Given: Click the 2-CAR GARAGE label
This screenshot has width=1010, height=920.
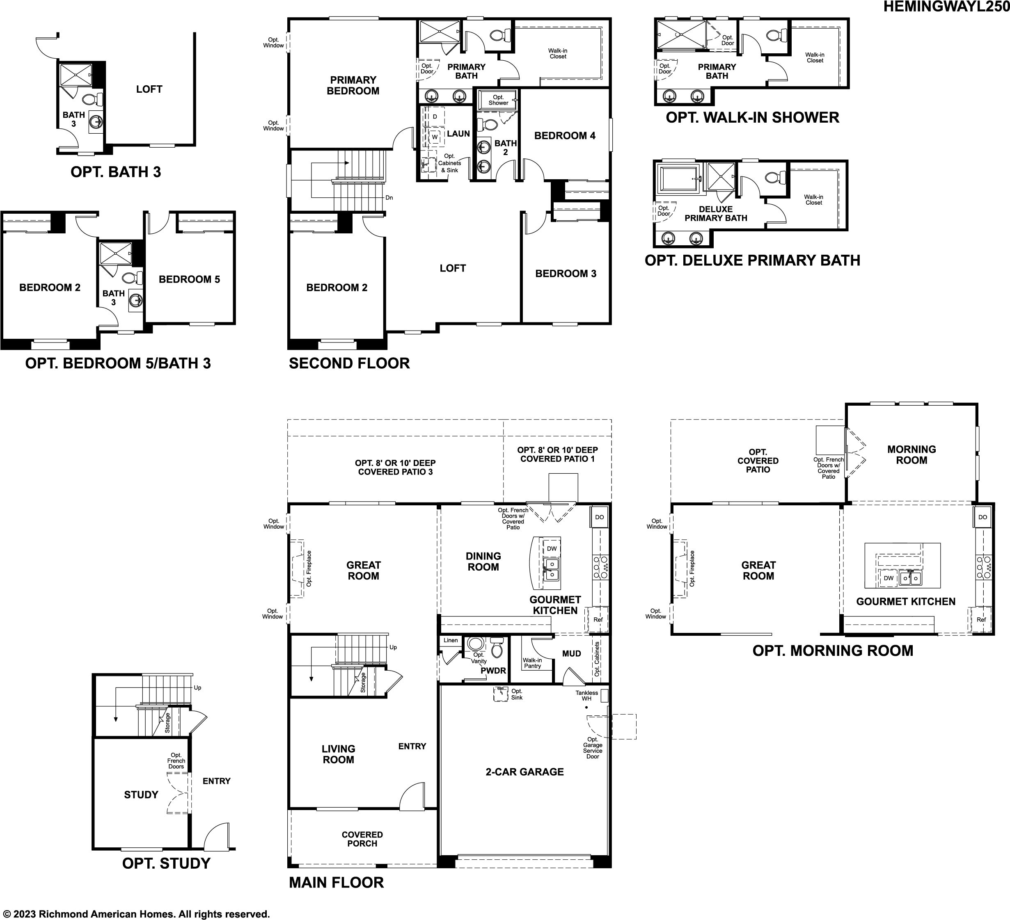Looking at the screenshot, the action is coord(524,772).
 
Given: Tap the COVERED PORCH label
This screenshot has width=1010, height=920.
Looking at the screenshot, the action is coord(362,839).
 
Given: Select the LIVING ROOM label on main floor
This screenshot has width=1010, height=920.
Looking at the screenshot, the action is coord(338,754).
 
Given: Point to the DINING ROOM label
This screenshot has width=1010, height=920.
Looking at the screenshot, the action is coord(483,562).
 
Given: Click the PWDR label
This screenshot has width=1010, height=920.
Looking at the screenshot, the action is coord(493,671).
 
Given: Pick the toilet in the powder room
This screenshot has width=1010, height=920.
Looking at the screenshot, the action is coord(497,647).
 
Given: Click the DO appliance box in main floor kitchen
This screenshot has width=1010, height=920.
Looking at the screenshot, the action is coord(600,517).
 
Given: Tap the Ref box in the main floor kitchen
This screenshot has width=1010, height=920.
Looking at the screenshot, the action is coord(598,619).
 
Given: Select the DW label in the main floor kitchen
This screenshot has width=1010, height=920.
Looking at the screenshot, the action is coord(552,548).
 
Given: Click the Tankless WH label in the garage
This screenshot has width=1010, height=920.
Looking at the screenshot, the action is coord(586,696).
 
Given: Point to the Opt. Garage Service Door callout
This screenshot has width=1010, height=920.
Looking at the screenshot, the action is coord(593,748).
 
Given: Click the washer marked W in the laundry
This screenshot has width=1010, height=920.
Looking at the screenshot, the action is coord(434,137).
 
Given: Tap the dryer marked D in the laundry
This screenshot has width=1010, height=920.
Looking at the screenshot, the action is coord(434,116).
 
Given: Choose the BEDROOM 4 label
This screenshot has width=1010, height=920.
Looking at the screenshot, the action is coord(565,135).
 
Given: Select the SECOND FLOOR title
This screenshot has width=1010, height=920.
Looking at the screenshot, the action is coord(349,363).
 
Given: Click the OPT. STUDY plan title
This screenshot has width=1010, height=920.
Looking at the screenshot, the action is coord(166,863).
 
